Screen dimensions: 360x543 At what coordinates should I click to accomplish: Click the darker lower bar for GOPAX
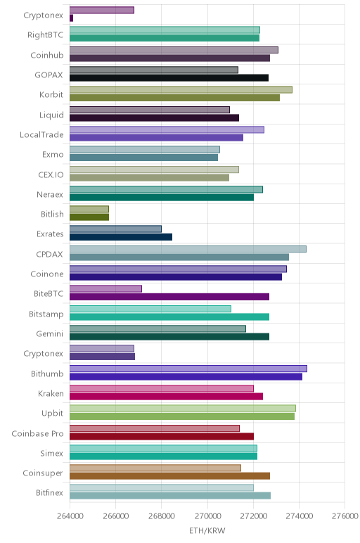169,78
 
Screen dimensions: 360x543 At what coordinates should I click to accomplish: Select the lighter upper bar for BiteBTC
105,289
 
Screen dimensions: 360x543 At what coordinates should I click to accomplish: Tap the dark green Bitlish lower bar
89,217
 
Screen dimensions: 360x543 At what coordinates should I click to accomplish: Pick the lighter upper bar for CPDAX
188,249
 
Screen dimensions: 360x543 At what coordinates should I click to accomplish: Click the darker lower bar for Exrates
121,237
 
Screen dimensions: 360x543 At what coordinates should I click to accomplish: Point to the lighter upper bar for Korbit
181,90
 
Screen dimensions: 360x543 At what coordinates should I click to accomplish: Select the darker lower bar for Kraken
166,396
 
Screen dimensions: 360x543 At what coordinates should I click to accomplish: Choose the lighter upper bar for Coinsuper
155,468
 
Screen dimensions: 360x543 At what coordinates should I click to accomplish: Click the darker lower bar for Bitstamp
169,317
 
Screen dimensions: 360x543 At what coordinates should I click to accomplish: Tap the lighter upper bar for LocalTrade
167,129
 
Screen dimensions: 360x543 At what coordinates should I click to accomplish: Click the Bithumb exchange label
47,373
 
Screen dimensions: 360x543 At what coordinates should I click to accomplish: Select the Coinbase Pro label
38,433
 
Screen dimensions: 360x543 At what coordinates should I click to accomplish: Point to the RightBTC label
46,35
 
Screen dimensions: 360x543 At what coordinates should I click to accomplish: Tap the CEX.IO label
51,174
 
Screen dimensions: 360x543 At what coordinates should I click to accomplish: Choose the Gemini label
50,334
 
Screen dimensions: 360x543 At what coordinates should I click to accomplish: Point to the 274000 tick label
300,516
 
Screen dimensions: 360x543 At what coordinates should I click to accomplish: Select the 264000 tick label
70,516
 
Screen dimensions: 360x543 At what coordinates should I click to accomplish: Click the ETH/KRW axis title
207,530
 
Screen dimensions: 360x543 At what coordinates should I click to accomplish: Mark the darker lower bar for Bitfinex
170,496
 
